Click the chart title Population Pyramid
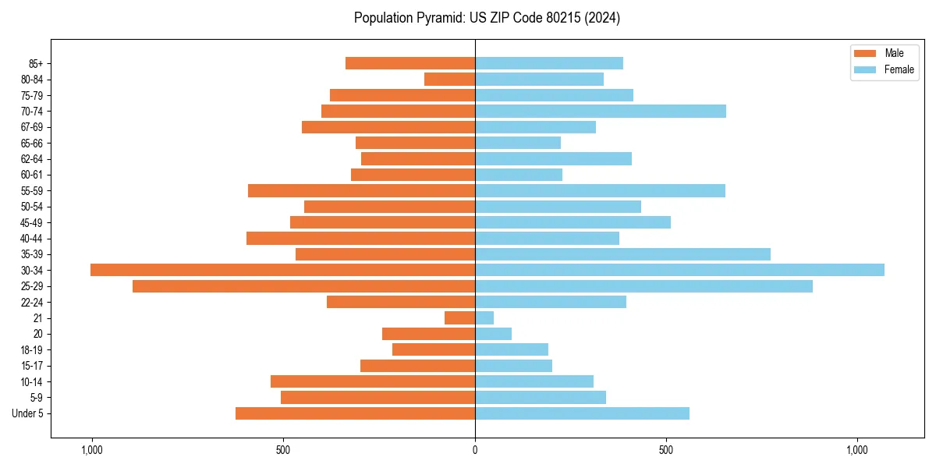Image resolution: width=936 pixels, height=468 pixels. click(x=487, y=18)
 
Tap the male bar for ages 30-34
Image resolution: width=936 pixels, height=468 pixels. click(x=282, y=270)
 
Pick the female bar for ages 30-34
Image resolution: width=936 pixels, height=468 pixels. click(x=679, y=270)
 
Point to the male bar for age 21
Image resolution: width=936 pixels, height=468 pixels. click(x=460, y=317)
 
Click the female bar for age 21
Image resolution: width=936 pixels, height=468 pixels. click(x=484, y=317)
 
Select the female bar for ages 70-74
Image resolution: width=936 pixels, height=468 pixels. click(x=601, y=111)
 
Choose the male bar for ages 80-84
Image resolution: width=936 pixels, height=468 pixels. click(x=450, y=79)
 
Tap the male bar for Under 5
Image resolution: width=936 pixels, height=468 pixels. click(x=355, y=413)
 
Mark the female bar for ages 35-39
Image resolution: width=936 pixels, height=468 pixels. click(x=622, y=254)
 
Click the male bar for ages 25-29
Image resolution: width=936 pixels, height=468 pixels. click(x=303, y=286)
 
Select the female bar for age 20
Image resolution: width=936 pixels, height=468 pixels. click(x=493, y=334)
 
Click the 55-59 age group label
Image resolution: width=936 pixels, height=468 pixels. click(x=31, y=190)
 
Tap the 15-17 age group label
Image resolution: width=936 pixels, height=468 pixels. click(x=31, y=366)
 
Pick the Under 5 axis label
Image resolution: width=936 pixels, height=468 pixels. click(x=28, y=413)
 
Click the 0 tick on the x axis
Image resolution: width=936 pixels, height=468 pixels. click(x=475, y=450)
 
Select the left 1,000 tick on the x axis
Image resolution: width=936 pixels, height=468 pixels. click(x=92, y=450)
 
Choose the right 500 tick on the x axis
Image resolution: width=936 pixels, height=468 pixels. click(x=665, y=450)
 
